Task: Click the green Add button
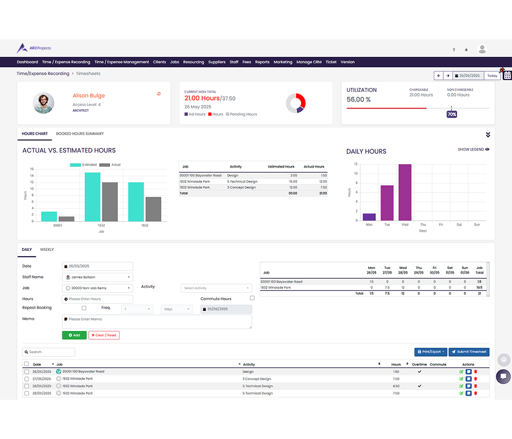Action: coord(74,335)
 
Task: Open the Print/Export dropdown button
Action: coord(430,352)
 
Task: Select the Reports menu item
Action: coord(262,62)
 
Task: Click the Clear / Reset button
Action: coord(104,335)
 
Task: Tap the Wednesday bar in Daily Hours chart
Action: coord(405,192)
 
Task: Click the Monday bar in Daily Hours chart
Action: coord(369,217)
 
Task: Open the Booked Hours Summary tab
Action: coord(80,134)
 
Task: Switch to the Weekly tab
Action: coord(47,250)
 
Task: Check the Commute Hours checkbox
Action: coord(252,298)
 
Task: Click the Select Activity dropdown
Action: coord(216,288)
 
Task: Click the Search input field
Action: coord(49,352)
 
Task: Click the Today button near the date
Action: coord(493,76)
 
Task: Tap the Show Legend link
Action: coord(473,149)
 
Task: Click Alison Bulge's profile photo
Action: coord(44,103)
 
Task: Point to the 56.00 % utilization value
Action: coord(359,100)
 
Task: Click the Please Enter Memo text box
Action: coord(157,321)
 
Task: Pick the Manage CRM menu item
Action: coord(309,62)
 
